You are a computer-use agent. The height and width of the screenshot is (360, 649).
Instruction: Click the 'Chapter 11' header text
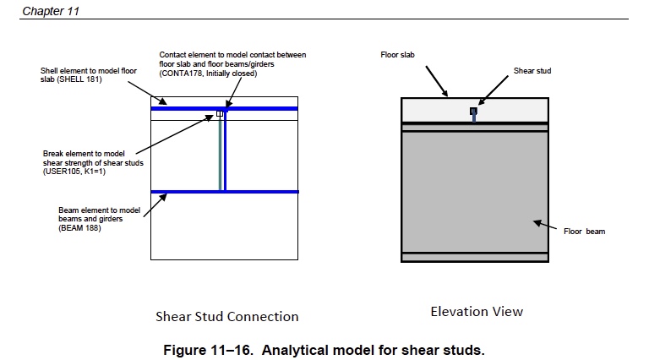click(46, 10)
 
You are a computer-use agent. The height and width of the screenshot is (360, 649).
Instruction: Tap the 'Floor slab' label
click(397, 55)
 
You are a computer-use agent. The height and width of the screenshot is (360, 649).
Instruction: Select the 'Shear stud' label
click(532, 71)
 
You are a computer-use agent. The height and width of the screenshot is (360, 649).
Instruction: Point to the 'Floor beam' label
click(584, 231)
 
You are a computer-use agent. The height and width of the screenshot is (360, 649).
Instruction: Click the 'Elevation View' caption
click(477, 311)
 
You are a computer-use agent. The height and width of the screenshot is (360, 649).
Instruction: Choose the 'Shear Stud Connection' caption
click(226, 317)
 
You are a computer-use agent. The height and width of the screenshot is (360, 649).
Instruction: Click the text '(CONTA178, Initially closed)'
click(208, 74)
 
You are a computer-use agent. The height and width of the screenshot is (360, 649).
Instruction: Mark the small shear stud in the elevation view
click(473, 112)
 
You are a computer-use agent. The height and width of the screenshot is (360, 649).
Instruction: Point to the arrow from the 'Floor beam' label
click(547, 226)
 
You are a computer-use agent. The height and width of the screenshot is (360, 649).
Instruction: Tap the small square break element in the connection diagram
click(220, 113)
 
